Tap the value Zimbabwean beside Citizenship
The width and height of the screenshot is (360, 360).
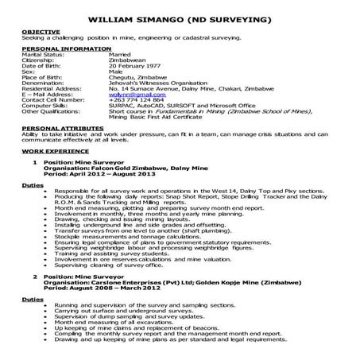coord(130,63)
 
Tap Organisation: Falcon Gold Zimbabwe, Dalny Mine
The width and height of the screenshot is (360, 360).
coord(123,167)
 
